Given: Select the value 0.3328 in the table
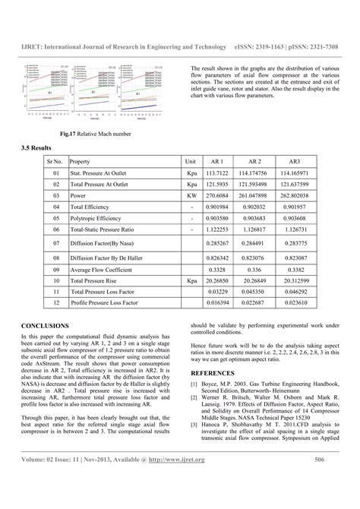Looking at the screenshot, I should (217, 269).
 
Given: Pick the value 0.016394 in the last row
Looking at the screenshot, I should (217, 302).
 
